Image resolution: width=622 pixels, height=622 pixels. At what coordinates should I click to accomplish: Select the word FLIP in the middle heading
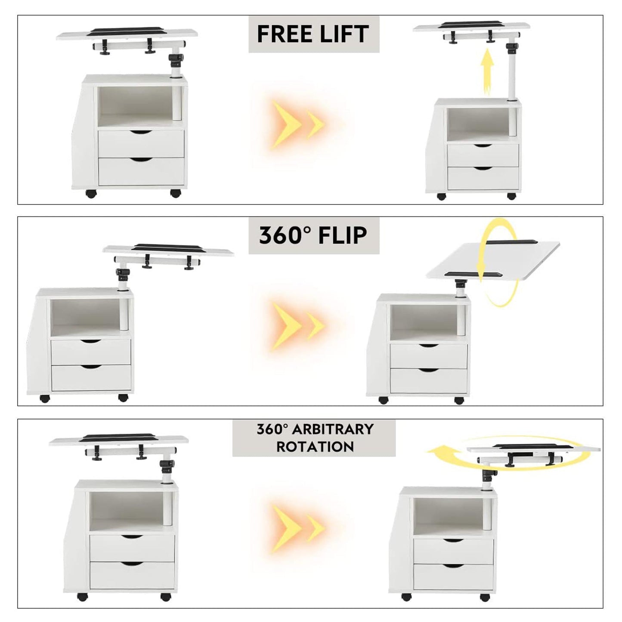pyautogui.click(x=343, y=235)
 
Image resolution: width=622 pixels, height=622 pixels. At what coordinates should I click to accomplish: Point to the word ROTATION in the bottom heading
pyautogui.click(x=315, y=447)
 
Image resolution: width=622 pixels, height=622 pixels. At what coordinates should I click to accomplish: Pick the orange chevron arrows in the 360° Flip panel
pyautogui.click(x=297, y=326)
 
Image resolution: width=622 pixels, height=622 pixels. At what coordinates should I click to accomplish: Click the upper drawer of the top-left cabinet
pyautogui.click(x=141, y=144)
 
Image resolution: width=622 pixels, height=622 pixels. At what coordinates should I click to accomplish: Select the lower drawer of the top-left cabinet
pyautogui.click(x=141, y=172)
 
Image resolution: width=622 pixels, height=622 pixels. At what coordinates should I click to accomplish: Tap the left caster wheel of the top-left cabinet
pyautogui.click(x=91, y=194)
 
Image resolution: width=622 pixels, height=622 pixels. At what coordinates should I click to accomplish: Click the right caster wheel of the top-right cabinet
pyautogui.click(x=511, y=196)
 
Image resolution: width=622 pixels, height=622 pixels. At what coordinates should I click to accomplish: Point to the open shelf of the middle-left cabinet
pyautogui.click(x=87, y=317)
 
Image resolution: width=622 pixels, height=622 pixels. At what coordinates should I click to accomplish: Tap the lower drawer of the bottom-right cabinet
pyautogui.click(x=454, y=576)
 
